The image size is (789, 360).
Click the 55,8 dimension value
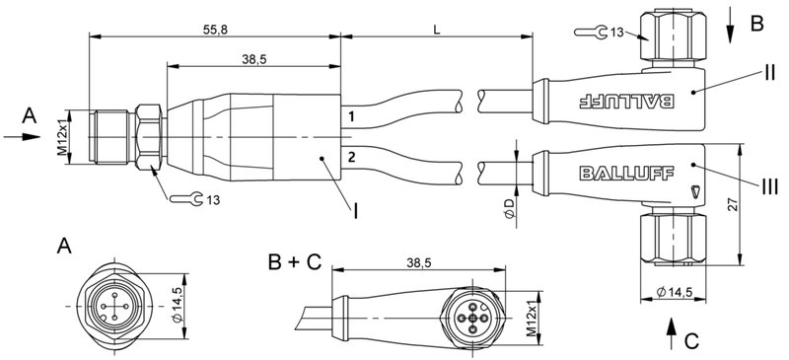(215, 31)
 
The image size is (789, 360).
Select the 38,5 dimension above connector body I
(254, 60)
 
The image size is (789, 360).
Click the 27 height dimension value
(758, 204)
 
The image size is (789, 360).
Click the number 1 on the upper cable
(350, 118)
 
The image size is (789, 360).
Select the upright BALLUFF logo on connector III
(627, 173)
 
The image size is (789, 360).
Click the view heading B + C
(294, 261)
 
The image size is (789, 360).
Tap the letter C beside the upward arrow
(691, 341)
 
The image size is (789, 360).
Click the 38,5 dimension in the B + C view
(418, 263)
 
